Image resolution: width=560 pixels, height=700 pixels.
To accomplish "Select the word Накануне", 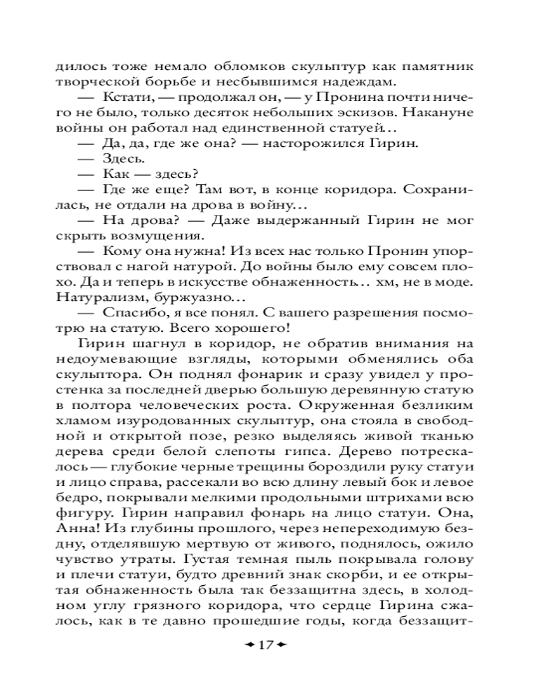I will pyautogui.click(x=440, y=112).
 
